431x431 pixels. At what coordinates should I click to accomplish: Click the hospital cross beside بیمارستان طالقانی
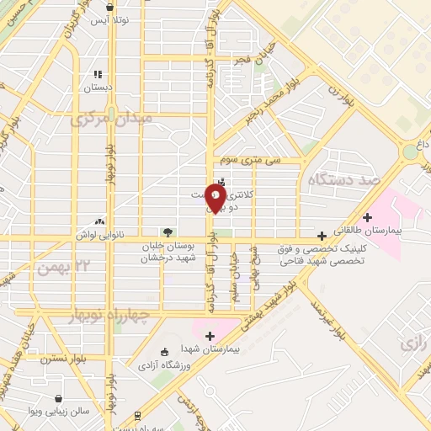click(366, 217)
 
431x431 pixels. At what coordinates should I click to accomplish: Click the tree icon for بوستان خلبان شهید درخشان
click(168, 231)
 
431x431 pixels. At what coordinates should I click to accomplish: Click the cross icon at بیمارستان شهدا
click(210, 336)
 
